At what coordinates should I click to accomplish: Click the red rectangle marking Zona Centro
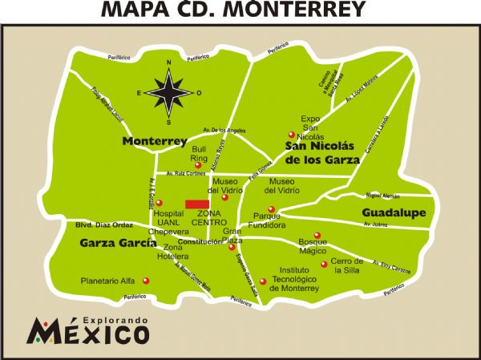coord(198,204)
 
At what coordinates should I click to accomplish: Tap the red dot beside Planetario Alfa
coord(145,281)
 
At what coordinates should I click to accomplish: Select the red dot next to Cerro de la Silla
coord(324,264)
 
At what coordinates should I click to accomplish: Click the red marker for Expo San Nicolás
coord(292,134)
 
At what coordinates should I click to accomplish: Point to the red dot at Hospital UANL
coord(158,203)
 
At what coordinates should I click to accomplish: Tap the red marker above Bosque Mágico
coord(317,235)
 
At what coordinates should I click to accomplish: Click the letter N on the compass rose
coord(168,63)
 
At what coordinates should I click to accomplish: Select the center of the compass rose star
coord(168,92)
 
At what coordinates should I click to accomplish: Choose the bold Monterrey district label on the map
coord(155,141)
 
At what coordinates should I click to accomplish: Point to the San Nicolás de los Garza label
coord(321,152)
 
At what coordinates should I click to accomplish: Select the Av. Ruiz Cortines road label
coord(186,172)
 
